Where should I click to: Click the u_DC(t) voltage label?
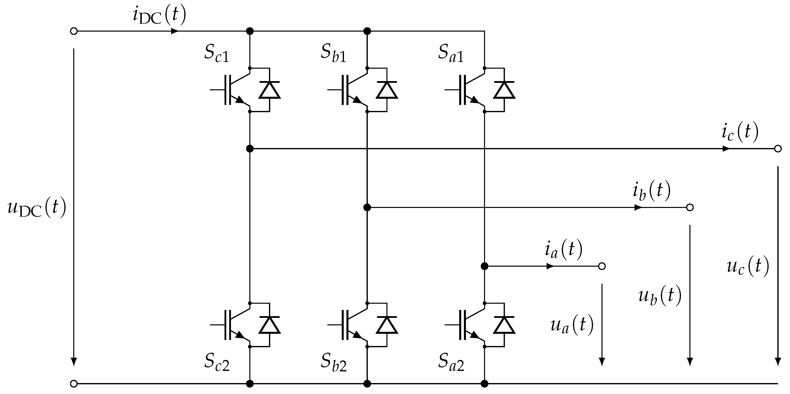click(37, 208)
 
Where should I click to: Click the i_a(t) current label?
click(563, 250)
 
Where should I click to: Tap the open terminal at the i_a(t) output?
click(602, 266)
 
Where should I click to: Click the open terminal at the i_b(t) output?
click(690, 208)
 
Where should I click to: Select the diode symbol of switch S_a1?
click(504, 90)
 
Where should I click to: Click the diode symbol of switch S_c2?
click(269, 325)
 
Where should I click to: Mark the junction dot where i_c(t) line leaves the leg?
click(250, 149)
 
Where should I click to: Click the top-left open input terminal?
click(74, 31)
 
